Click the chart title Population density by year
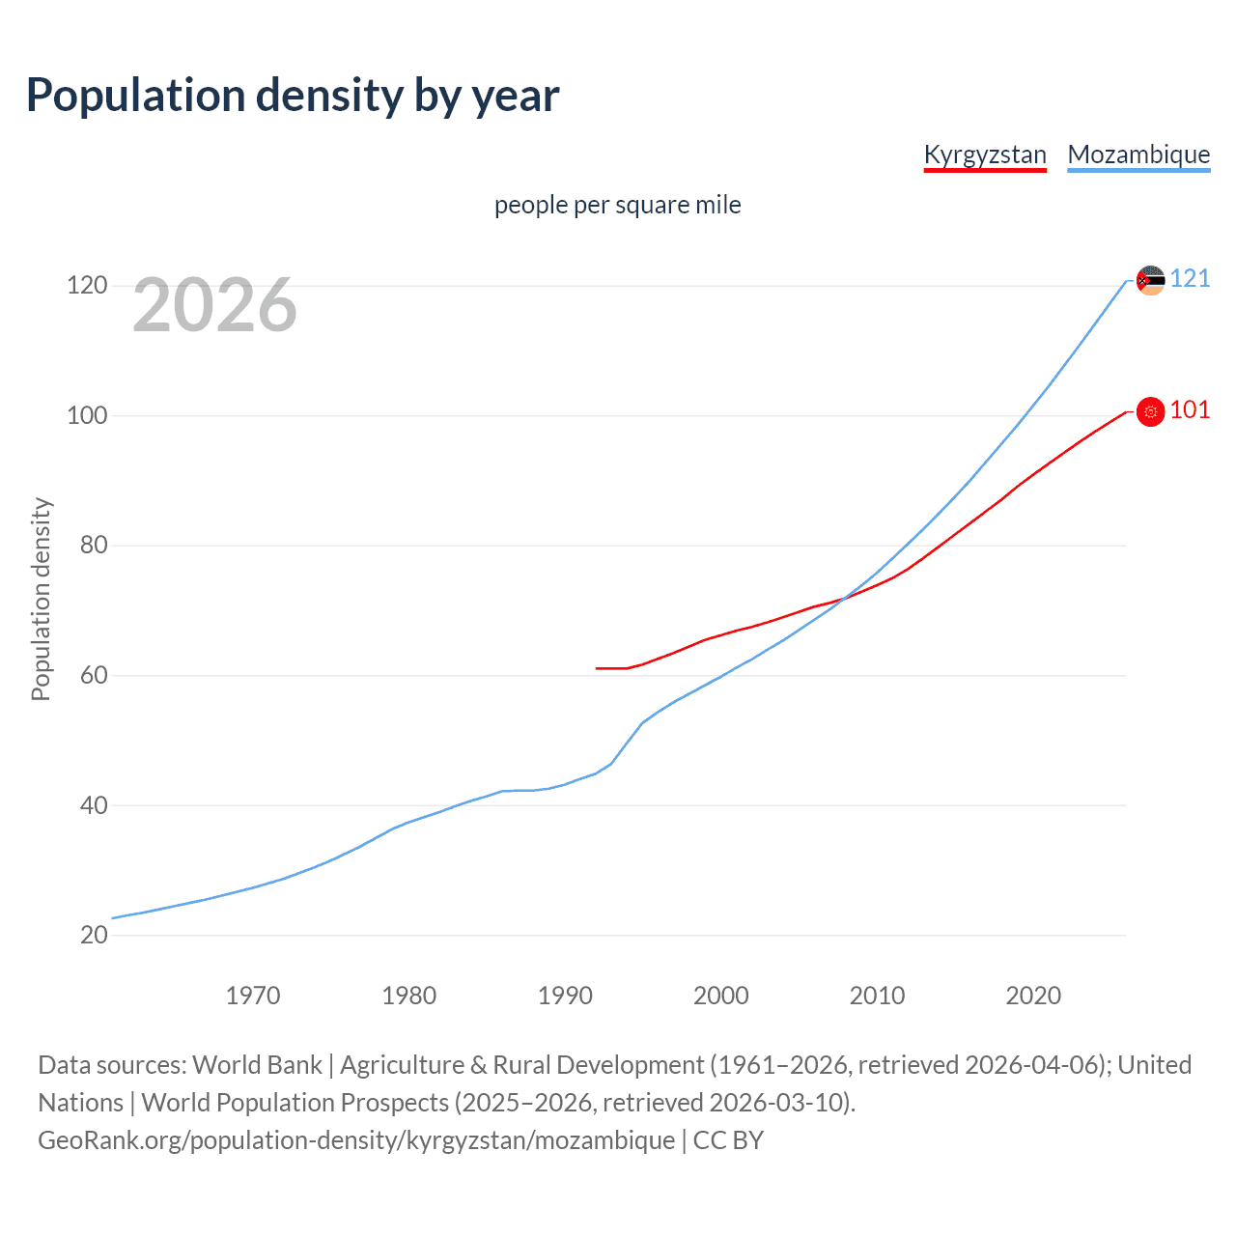click(x=293, y=96)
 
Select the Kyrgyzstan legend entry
click(x=984, y=154)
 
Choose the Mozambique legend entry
click(x=1138, y=154)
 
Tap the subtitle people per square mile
click(x=617, y=205)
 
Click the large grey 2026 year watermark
click(x=214, y=305)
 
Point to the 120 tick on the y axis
click(x=86, y=286)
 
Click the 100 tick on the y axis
click(x=86, y=416)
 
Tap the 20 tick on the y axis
click(x=94, y=935)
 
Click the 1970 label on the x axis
click(x=253, y=996)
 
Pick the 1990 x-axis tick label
click(x=565, y=996)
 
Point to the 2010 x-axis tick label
click(x=877, y=996)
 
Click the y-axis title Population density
click(x=41, y=599)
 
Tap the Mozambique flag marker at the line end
click(x=1150, y=280)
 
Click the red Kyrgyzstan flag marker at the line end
click(x=1150, y=411)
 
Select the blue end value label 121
click(x=1190, y=279)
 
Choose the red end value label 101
click(x=1190, y=410)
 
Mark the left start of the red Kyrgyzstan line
click(x=597, y=668)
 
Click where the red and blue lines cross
click(x=843, y=600)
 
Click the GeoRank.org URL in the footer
click(x=356, y=1140)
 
